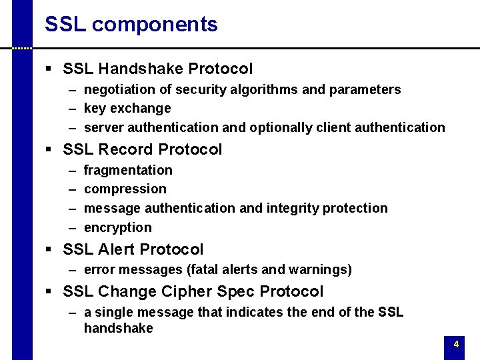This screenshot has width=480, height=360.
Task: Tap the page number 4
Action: (456, 345)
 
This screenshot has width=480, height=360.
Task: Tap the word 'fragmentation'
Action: (128, 170)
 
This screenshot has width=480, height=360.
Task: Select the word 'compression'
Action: (125, 189)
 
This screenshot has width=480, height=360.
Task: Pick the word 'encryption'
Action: (118, 227)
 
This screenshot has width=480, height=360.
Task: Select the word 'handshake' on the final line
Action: (119, 328)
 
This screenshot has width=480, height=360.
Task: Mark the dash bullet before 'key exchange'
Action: (71, 108)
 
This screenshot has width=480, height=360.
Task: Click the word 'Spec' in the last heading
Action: (237, 291)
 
